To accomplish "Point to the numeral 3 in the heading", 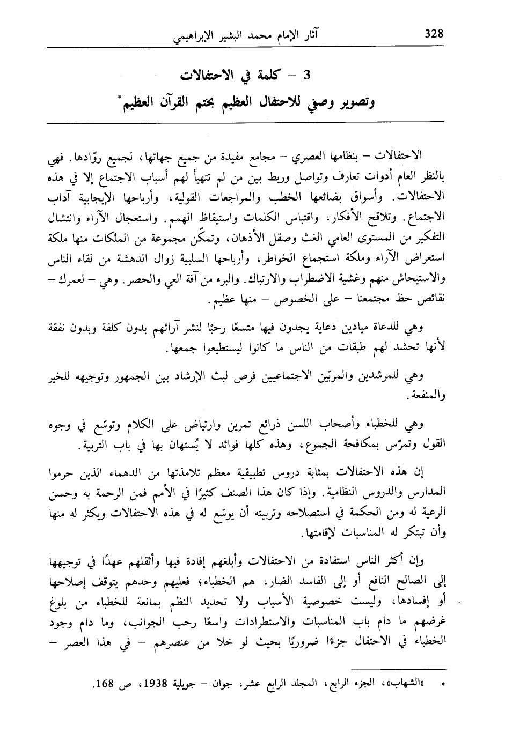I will click(307, 75).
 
